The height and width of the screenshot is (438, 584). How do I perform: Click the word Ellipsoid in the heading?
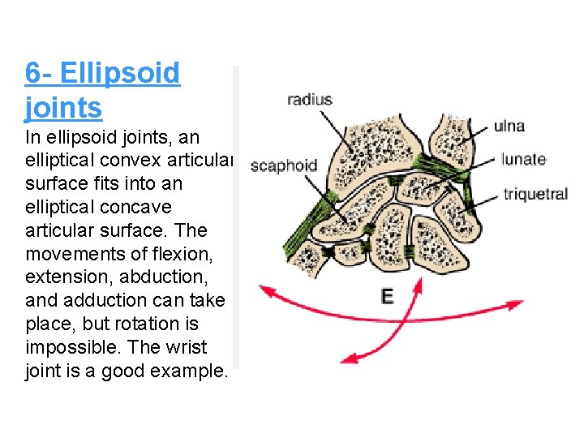pos(120,73)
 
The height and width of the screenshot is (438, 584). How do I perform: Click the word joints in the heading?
pos(63,107)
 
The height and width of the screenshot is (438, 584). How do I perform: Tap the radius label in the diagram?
pos(309,100)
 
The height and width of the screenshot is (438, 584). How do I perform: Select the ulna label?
pos(509,126)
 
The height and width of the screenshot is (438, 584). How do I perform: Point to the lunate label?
pos(523,159)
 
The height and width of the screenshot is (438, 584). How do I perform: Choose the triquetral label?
pos(535,194)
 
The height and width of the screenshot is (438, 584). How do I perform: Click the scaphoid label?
pos(283,165)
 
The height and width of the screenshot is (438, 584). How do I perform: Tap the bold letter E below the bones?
pos(387,296)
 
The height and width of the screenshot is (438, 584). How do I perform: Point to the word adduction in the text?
pos(92,301)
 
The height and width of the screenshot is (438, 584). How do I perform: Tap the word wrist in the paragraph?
pos(182,347)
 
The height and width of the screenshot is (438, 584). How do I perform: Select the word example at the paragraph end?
pos(194,371)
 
